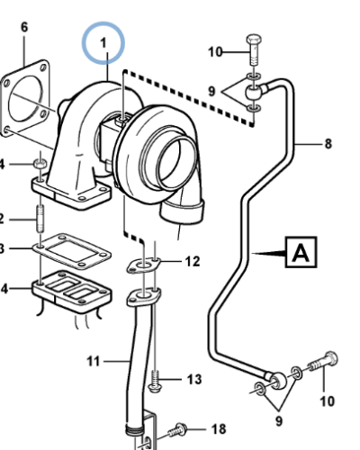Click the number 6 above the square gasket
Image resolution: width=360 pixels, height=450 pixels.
click(24, 28)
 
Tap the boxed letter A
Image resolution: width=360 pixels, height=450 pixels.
click(301, 254)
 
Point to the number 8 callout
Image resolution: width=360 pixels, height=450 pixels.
click(328, 143)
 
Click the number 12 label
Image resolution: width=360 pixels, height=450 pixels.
click(192, 262)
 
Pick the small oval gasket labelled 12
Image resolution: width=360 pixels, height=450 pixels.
click(144, 265)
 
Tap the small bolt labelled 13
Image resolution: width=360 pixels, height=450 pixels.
click(155, 382)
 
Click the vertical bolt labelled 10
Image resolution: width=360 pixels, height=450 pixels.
click(254, 50)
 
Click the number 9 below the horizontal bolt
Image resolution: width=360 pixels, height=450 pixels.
click(277, 418)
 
